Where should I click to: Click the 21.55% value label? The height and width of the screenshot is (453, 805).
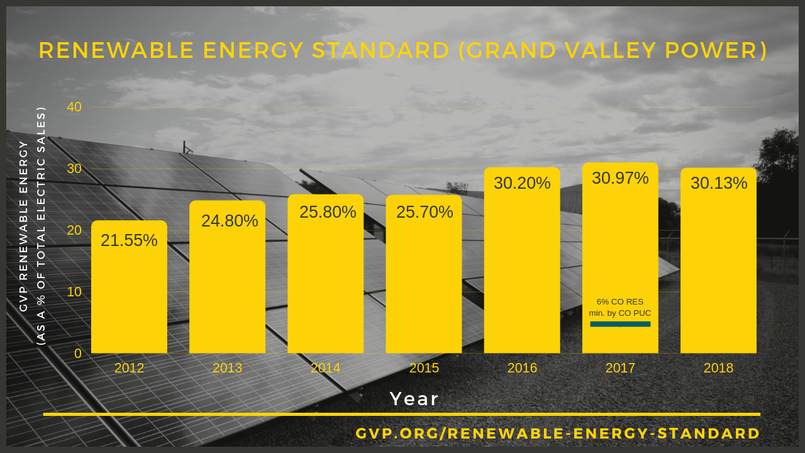[129, 240]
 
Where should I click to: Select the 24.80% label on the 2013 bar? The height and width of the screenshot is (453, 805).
[230, 221]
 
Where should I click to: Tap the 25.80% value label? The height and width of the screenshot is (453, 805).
[328, 212]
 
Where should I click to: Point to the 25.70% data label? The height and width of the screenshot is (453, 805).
[425, 212]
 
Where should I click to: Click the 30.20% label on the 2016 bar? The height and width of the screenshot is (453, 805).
[522, 183]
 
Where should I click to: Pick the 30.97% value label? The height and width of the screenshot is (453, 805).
[620, 178]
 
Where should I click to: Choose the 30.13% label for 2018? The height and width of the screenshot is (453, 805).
[719, 183]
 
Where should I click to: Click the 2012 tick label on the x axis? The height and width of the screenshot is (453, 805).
[129, 368]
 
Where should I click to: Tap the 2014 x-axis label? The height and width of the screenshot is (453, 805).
[326, 368]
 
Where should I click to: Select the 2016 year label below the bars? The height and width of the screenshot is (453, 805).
[522, 368]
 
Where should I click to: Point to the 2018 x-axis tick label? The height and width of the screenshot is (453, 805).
[718, 368]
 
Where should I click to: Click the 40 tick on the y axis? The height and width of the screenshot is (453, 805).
[74, 107]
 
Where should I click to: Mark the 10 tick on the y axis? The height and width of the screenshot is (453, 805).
[74, 292]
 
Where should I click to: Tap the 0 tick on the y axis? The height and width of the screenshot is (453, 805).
[78, 354]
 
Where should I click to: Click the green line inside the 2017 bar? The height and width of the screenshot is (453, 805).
[620, 324]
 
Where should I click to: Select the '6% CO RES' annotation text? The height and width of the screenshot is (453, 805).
[620, 302]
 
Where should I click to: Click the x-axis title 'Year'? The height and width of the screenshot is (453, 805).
[414, 399]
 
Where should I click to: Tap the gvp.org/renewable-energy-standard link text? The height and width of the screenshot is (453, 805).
[558, 433]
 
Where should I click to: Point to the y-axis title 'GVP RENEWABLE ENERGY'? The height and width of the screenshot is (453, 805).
[24, 226]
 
